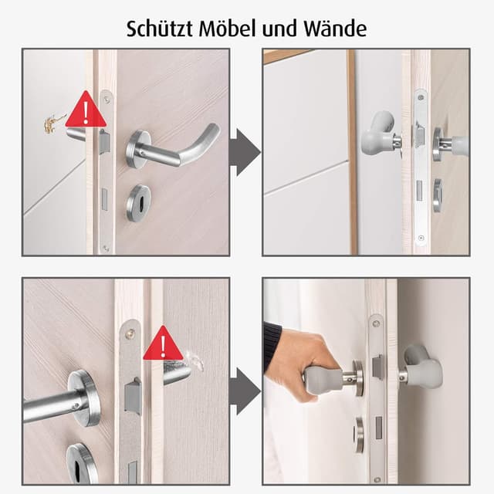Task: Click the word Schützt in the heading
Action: pyautogui.click(x=160, y=29)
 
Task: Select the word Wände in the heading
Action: pyautogui.click(x=335, y=29)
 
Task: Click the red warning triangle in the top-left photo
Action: pyautogui.click(x=86, y=109)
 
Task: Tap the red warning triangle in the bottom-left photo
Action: pyautogui.click(x=163, y=343)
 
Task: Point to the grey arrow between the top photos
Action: pyautogui.click(x=245, y=152)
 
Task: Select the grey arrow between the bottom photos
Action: pyautogui.click(x=245, y=391)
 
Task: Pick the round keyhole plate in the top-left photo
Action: pyautogui.click(x=139, y=203)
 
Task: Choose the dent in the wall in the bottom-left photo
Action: pyautogui.click(x=196, y=360)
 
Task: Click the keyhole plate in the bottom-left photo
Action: pyautogui.click(x=81, y=463)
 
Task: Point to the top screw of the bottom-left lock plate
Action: pyautogui.click(x=130, y=333)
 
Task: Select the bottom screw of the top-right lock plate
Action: pyautogui.click(x=421, y=238)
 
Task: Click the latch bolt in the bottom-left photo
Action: pyautogui.click(x=133, y=394)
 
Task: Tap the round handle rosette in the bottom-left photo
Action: pyautogui.click(x=85, y=398)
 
